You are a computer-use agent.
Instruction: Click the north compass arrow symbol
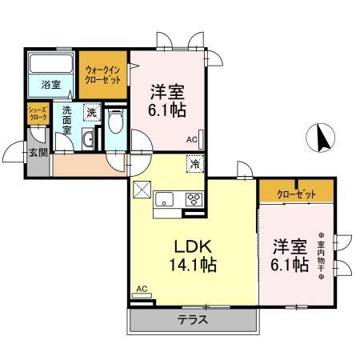coord(321,138)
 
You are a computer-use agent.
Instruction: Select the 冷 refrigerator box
coord(195,164)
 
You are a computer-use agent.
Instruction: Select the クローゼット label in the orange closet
coord(295,194)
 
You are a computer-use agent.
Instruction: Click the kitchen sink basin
coord(166,200)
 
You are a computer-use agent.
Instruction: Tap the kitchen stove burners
coord(193,200)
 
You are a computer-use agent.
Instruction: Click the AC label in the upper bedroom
coord(192,140)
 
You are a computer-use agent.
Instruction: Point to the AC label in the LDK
coord(142,289)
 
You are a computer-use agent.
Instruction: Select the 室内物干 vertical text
coord(320,256)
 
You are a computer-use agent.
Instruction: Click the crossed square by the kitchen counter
coord(141,190)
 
